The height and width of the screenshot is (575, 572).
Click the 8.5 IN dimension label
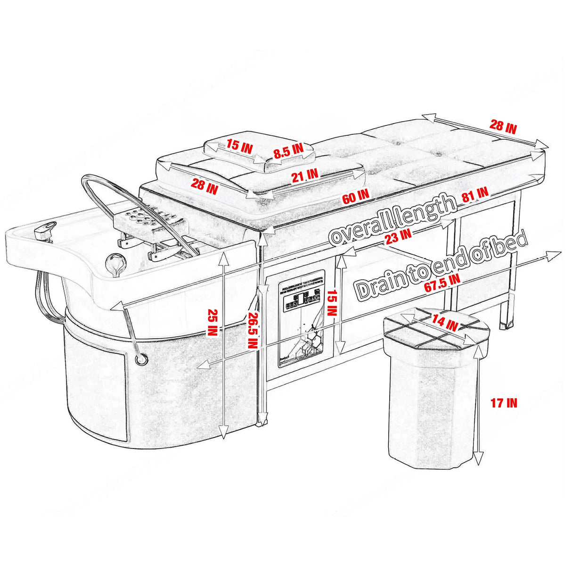click(x=288, y=150)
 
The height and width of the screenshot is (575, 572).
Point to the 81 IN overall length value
click(x=475, y=194)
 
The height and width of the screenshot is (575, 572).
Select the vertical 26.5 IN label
click(x=252, y=330)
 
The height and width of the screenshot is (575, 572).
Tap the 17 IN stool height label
click(x=504, y=403)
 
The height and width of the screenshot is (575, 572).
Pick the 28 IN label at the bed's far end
click(x=503, y=126)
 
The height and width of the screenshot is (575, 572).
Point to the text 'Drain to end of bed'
click(x=442, y=264)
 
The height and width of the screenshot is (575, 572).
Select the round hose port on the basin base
click(x=140, y=359)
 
